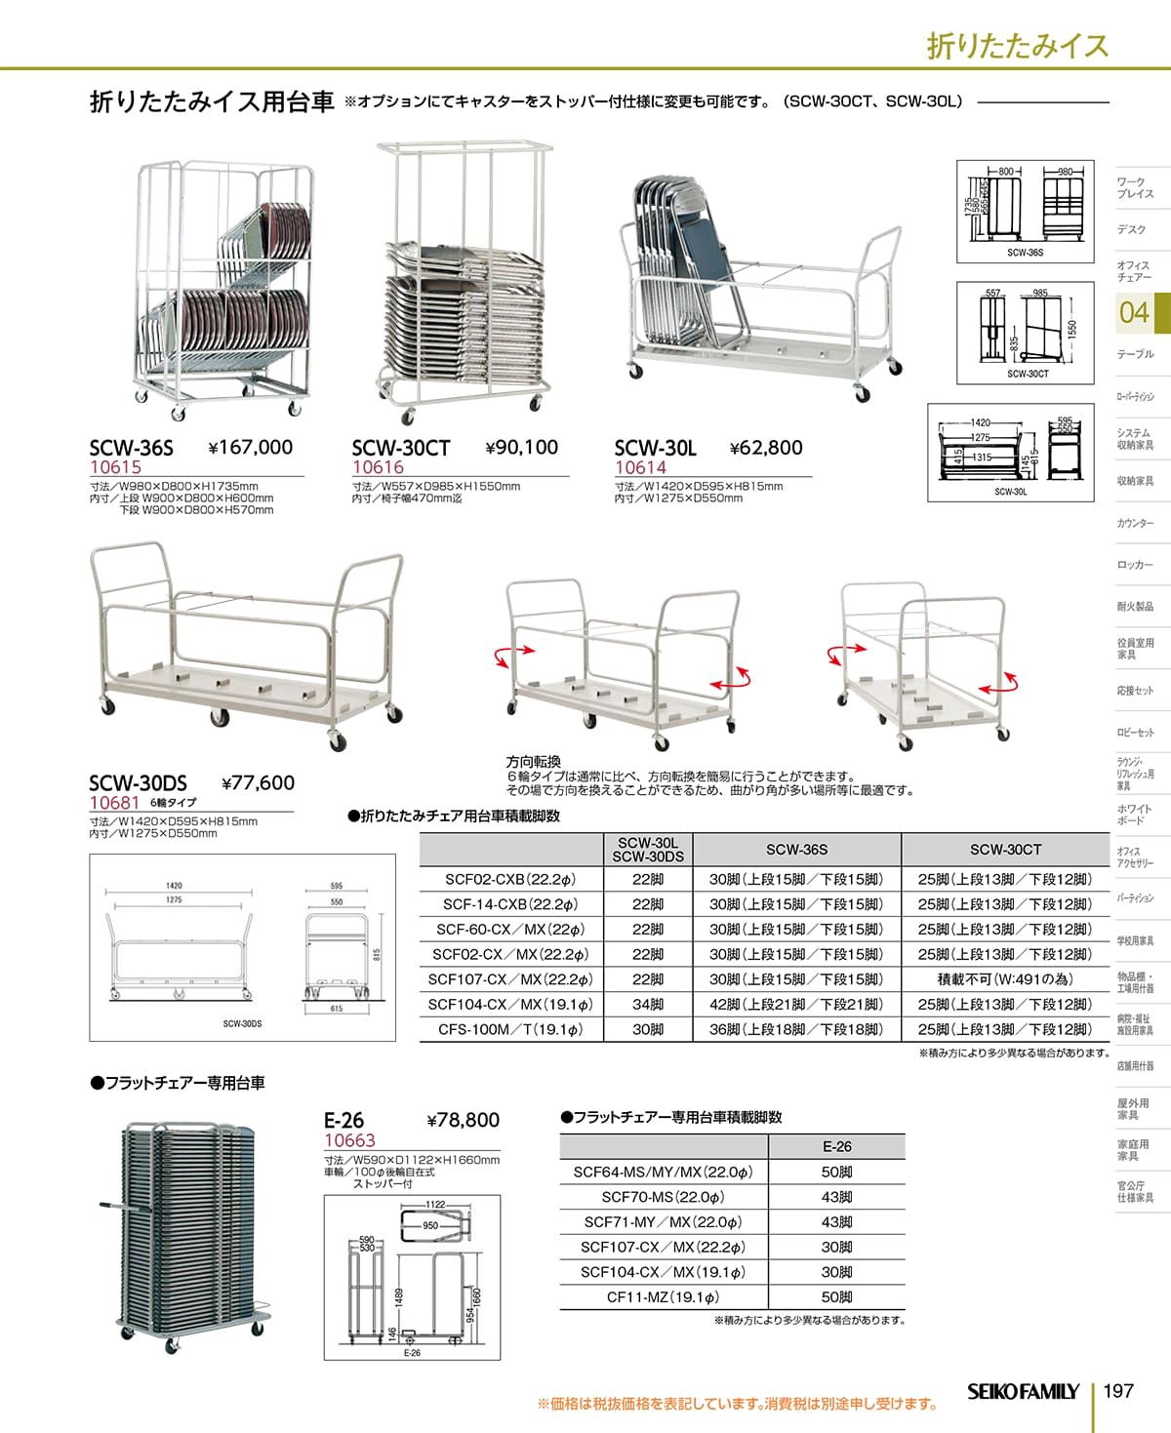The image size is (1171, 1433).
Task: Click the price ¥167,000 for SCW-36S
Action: pos(251,448)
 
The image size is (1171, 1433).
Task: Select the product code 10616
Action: pos(378,467)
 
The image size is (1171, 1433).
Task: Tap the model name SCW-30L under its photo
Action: pos(655,448)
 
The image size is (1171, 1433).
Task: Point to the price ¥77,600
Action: pos(258,782)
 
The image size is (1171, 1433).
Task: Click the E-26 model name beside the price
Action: pos(344,1121)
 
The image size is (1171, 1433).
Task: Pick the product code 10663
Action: pos(349,1140)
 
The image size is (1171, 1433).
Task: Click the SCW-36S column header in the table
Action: pos(796,850)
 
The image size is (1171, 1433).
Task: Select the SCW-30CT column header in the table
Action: pos(1004,850)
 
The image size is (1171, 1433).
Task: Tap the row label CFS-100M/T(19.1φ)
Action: pos(510,1029)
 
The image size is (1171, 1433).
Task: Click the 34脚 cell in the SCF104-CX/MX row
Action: pos(647,1004)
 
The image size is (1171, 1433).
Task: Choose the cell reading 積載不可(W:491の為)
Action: pos(1004,979)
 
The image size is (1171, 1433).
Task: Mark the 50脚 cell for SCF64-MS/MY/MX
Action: pos(836,1172)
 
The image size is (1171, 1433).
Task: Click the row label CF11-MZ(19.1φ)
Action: pos(663,1297)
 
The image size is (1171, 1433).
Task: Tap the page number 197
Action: pos(1118,1390)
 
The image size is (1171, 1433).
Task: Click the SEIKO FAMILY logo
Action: pos(1023,1391)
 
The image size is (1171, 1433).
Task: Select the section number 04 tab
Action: pos(1134,312)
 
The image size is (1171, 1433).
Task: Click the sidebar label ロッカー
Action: pos(1135,565)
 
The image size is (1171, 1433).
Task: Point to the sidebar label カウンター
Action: pos(1135,524)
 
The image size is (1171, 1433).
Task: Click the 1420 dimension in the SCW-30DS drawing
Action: pos(174,886)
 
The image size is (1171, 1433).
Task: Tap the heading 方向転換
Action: pos(533,761)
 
